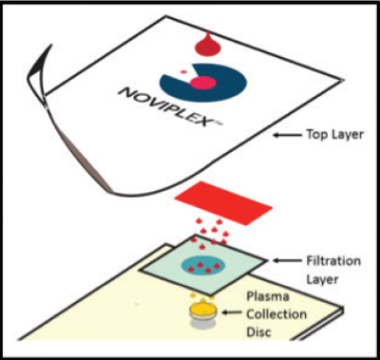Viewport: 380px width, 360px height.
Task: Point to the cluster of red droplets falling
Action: pyautogui.click(x=209, y=230)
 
